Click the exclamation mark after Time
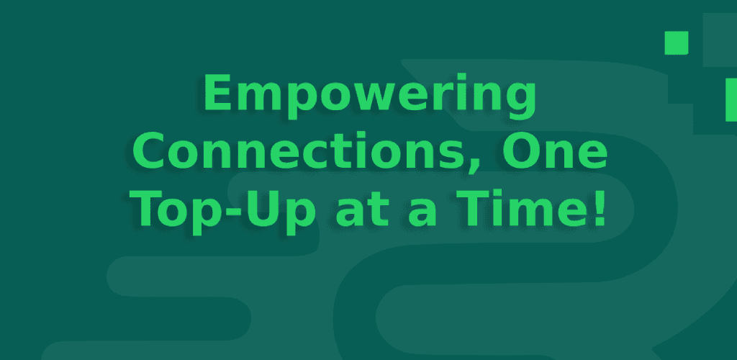594,208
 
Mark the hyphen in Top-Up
235,212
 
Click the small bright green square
676,42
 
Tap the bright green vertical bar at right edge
731,100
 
